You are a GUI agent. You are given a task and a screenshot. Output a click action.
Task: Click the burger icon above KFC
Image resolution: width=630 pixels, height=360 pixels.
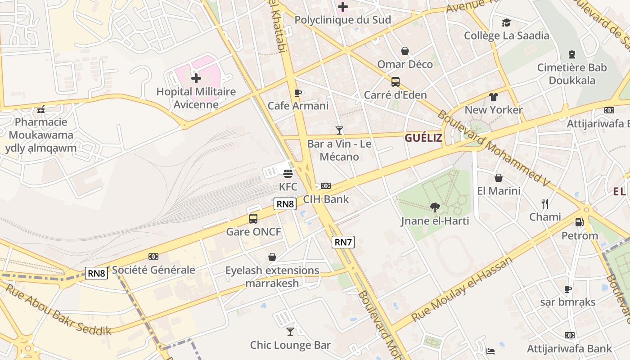(288, 173)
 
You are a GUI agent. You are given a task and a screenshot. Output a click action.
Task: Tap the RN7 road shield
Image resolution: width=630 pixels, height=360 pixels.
(343, 242)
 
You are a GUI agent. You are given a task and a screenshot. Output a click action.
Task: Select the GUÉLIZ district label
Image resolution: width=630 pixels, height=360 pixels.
(423, 138)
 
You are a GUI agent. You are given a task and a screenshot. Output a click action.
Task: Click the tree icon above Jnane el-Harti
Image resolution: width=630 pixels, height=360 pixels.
(435, 207)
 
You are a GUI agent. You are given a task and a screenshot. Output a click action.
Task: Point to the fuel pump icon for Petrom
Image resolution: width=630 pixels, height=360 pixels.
(579, 222)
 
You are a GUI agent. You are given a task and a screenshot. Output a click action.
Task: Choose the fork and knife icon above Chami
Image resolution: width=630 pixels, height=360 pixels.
(545, 204)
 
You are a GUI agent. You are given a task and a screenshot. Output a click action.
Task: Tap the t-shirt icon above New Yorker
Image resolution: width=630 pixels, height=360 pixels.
(494, 97)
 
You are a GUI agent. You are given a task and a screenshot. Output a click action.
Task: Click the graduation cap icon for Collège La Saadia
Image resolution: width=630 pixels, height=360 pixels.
(506, 22)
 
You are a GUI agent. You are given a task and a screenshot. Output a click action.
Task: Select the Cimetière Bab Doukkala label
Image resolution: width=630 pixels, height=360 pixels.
(572, 74)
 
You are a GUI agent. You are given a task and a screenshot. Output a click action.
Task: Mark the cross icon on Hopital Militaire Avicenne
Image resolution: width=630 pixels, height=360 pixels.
(196, 78)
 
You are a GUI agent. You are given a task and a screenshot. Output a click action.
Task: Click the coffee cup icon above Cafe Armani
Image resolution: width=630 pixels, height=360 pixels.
(297, 93)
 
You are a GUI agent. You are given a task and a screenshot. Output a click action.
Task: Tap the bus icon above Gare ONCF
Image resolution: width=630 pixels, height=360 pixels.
(253, 219)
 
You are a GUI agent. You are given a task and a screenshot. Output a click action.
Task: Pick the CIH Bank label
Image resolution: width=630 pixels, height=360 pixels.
(326, 199)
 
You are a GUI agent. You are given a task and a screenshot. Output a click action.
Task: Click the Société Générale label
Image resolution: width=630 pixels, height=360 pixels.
(153, 270)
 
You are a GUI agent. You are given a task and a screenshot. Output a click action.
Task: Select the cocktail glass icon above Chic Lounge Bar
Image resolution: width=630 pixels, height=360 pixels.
(290, 332)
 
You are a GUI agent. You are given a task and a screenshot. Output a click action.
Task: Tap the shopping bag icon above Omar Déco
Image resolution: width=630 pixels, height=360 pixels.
(405, 51)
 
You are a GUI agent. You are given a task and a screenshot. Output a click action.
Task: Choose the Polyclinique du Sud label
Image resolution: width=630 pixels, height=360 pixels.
(343, 20)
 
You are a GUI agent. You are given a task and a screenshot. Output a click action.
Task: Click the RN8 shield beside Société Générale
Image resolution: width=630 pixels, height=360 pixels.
(97, 273)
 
